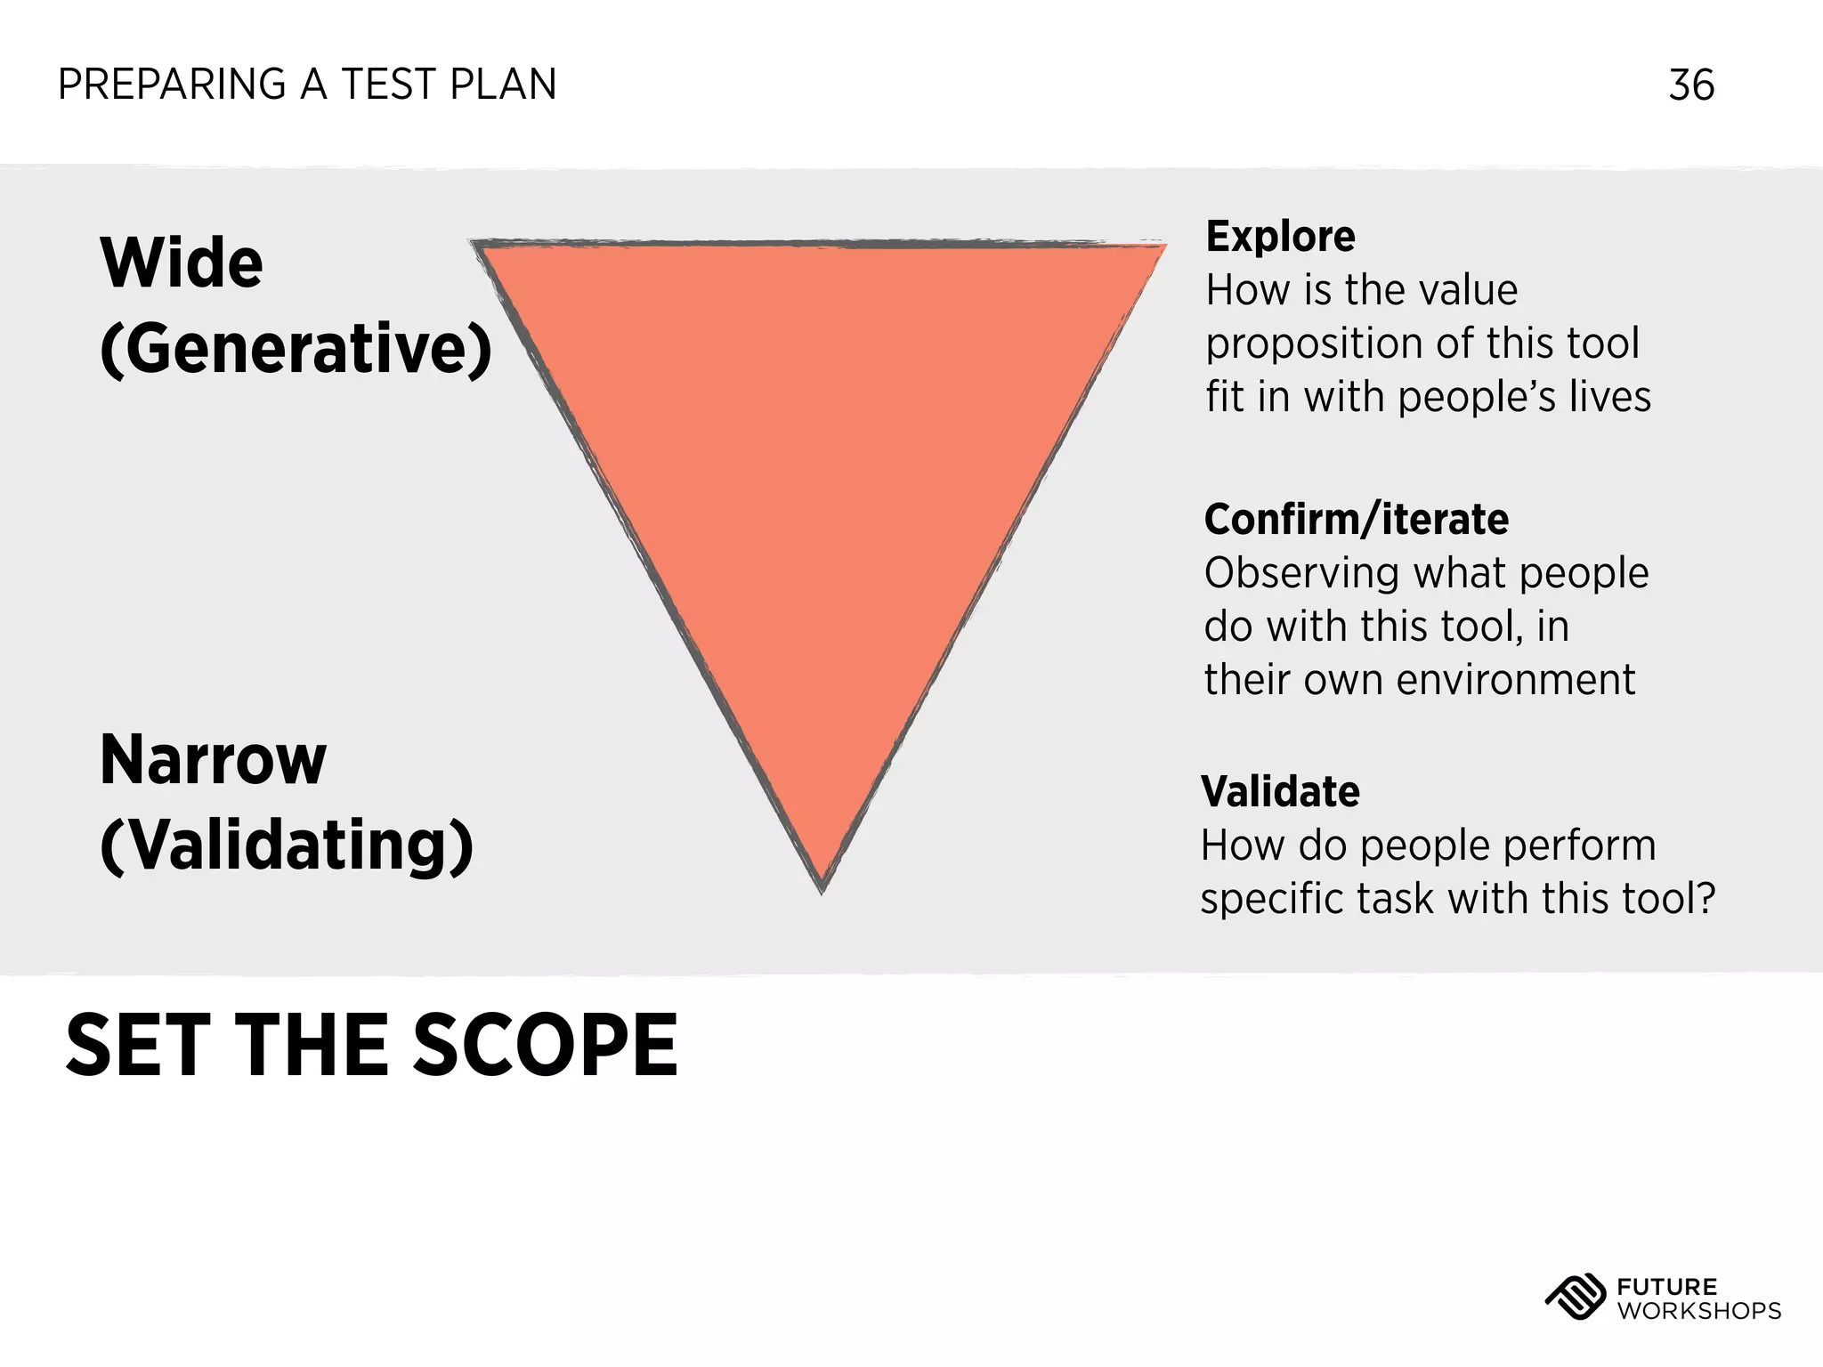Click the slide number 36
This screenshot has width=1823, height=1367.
[x=1691, y=85]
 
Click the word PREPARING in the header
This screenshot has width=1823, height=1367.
[x=172, y=85]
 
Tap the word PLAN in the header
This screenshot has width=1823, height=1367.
[x=503, y=85]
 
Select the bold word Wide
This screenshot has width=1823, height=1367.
[x=182, y=263]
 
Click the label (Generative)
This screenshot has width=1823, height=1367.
[x=296, y=349]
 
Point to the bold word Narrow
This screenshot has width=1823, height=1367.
[x=214, y=760]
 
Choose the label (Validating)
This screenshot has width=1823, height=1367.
[x=287, y=845]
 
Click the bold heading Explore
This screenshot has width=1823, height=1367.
[x=1280, y=237]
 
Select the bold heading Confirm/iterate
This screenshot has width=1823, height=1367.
[x=1356, y=520]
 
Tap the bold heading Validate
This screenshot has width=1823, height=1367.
[x=1280, y=792]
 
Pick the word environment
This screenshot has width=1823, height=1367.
[x=1515, y=680]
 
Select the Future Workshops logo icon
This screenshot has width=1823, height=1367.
[x=1575, y=1298]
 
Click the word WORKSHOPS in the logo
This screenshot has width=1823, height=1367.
[x=1698, y=1311]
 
